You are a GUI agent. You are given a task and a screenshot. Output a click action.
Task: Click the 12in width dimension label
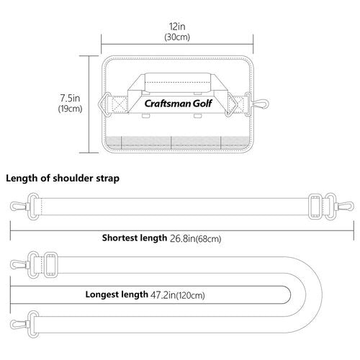coord(177,27)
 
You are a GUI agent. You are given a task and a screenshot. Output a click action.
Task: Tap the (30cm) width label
coord(177,37)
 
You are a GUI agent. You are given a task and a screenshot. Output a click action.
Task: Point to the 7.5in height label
coord(70,98)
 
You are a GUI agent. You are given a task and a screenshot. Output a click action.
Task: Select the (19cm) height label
coord(70,109)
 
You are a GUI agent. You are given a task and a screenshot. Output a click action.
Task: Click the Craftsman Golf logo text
coord(178,104)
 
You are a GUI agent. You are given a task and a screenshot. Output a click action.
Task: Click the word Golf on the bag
coord(202,104)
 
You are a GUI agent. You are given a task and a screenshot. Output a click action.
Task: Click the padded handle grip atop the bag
coord(178,83)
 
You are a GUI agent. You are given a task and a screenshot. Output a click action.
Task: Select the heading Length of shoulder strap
coord(63,179)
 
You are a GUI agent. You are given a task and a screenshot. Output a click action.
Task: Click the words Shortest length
coord(135,238)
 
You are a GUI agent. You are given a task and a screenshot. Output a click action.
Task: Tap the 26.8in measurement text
coord(183,238)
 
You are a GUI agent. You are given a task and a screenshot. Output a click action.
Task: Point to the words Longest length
coord(117,294)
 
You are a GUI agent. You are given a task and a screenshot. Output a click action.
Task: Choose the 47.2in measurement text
coord(163,295)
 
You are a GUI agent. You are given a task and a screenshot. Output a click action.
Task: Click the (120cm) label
coord(191,295)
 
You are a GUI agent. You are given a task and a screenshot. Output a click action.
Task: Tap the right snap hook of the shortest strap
coord(345,207)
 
